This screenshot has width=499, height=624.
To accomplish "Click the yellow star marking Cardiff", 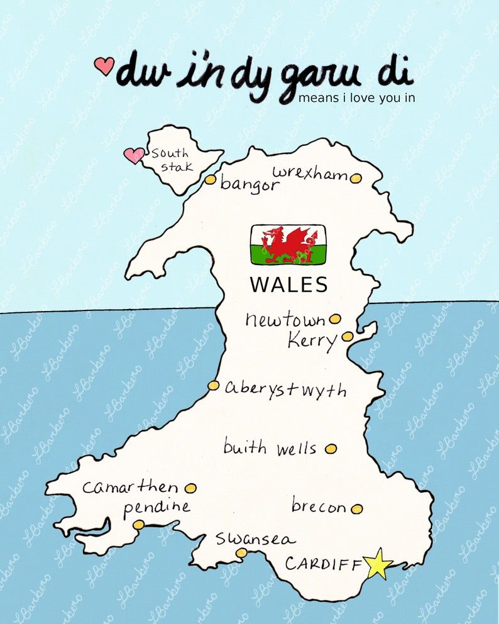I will (378, 564).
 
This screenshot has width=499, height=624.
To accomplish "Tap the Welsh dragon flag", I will (288, 244).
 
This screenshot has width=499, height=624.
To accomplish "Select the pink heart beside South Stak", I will (133, 155).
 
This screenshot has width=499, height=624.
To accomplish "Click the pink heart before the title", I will (104, 65).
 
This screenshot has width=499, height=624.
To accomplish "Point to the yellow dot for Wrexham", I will (356, 178).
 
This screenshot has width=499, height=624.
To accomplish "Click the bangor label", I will (249, 185).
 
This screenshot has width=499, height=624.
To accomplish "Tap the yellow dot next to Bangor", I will (211, 180).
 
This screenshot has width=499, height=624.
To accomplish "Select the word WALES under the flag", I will (289, 285).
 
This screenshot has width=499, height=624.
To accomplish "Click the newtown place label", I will (286, 320).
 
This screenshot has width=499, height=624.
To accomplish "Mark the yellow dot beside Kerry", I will (348, 336).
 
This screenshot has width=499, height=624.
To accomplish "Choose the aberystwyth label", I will (285, 389).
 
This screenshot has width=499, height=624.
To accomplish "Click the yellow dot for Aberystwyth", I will (214, 385).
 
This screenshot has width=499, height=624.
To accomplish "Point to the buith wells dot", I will (331, 449).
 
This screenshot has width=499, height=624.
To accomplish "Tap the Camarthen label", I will (130, 487).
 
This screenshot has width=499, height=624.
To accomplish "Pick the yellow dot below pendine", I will (138, 525).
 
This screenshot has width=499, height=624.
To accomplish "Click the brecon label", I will (319, 506).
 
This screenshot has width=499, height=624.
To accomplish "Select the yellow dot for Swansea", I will (241, 552).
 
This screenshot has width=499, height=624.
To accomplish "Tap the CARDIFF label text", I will (324, 564).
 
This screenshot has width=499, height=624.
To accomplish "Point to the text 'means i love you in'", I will (356, 98).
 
